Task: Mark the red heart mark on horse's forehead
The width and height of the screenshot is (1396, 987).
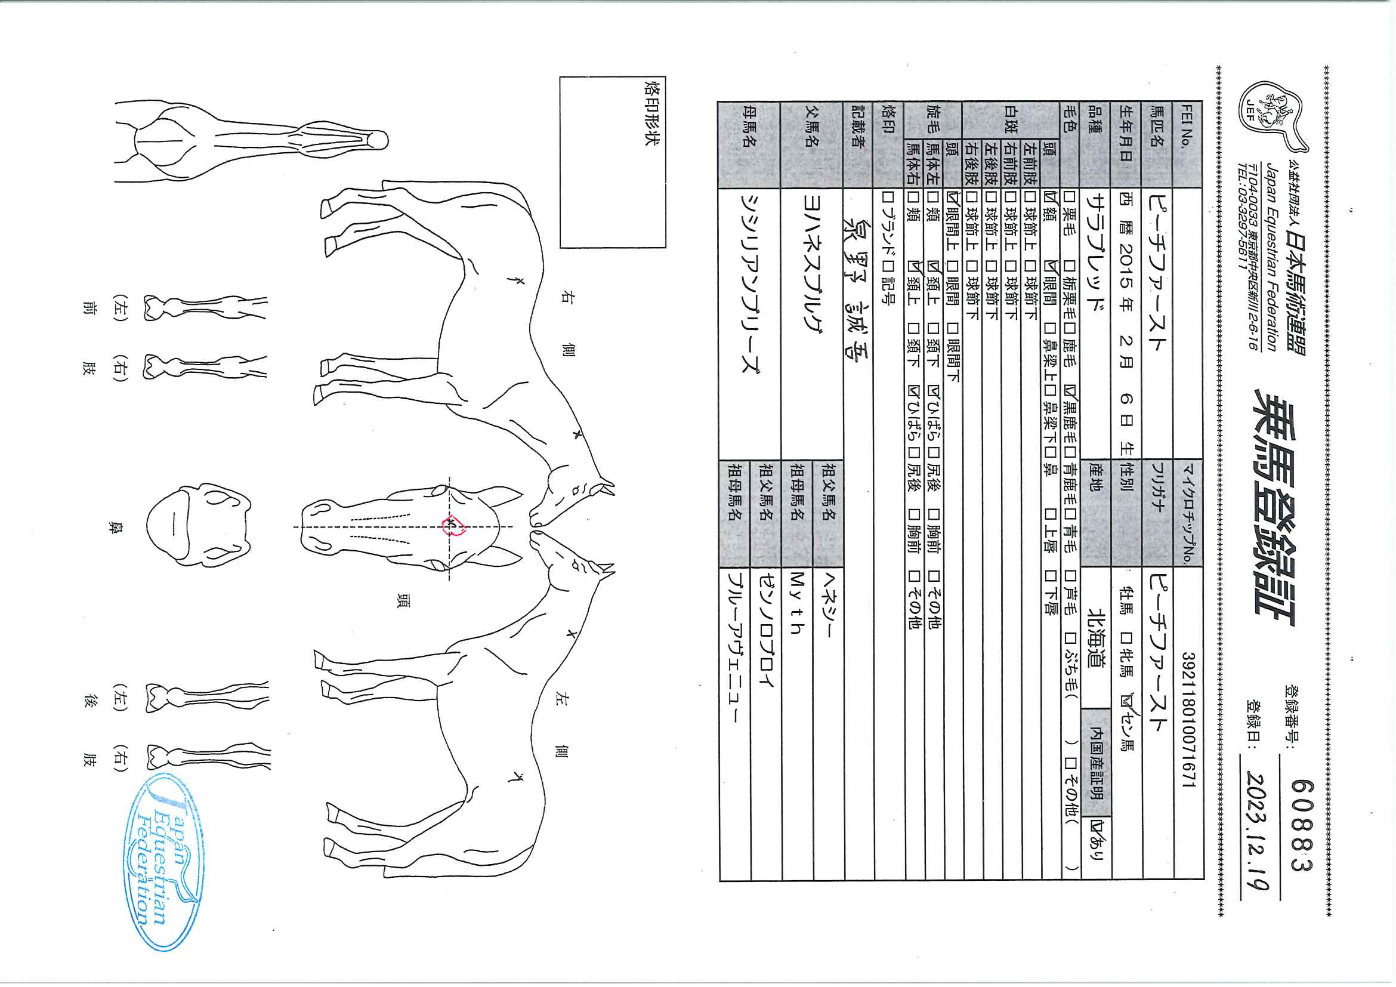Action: tap(453, 526)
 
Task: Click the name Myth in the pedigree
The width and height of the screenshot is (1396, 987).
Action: tap(796, 602)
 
